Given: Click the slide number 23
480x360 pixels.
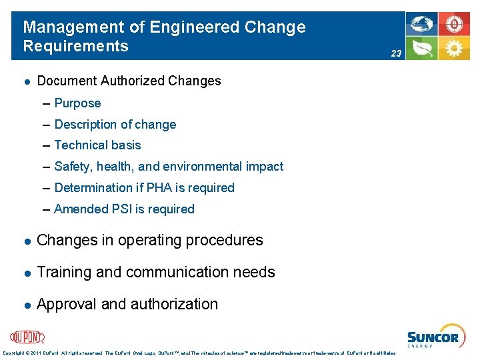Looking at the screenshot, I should [x=396, y=53].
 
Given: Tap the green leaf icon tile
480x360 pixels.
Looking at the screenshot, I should [x=423, y=49].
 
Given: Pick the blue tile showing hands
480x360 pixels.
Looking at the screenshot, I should [x=423, y=25].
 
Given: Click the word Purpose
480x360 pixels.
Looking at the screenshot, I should [x=77, y=103].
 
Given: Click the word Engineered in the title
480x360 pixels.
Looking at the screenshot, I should [x=195, y=27].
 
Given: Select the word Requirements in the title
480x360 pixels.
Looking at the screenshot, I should [x=75, y=46].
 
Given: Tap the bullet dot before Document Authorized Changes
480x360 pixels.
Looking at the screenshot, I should [x=25, y=81].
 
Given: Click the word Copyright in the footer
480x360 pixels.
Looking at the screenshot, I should [x=15, y=353].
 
